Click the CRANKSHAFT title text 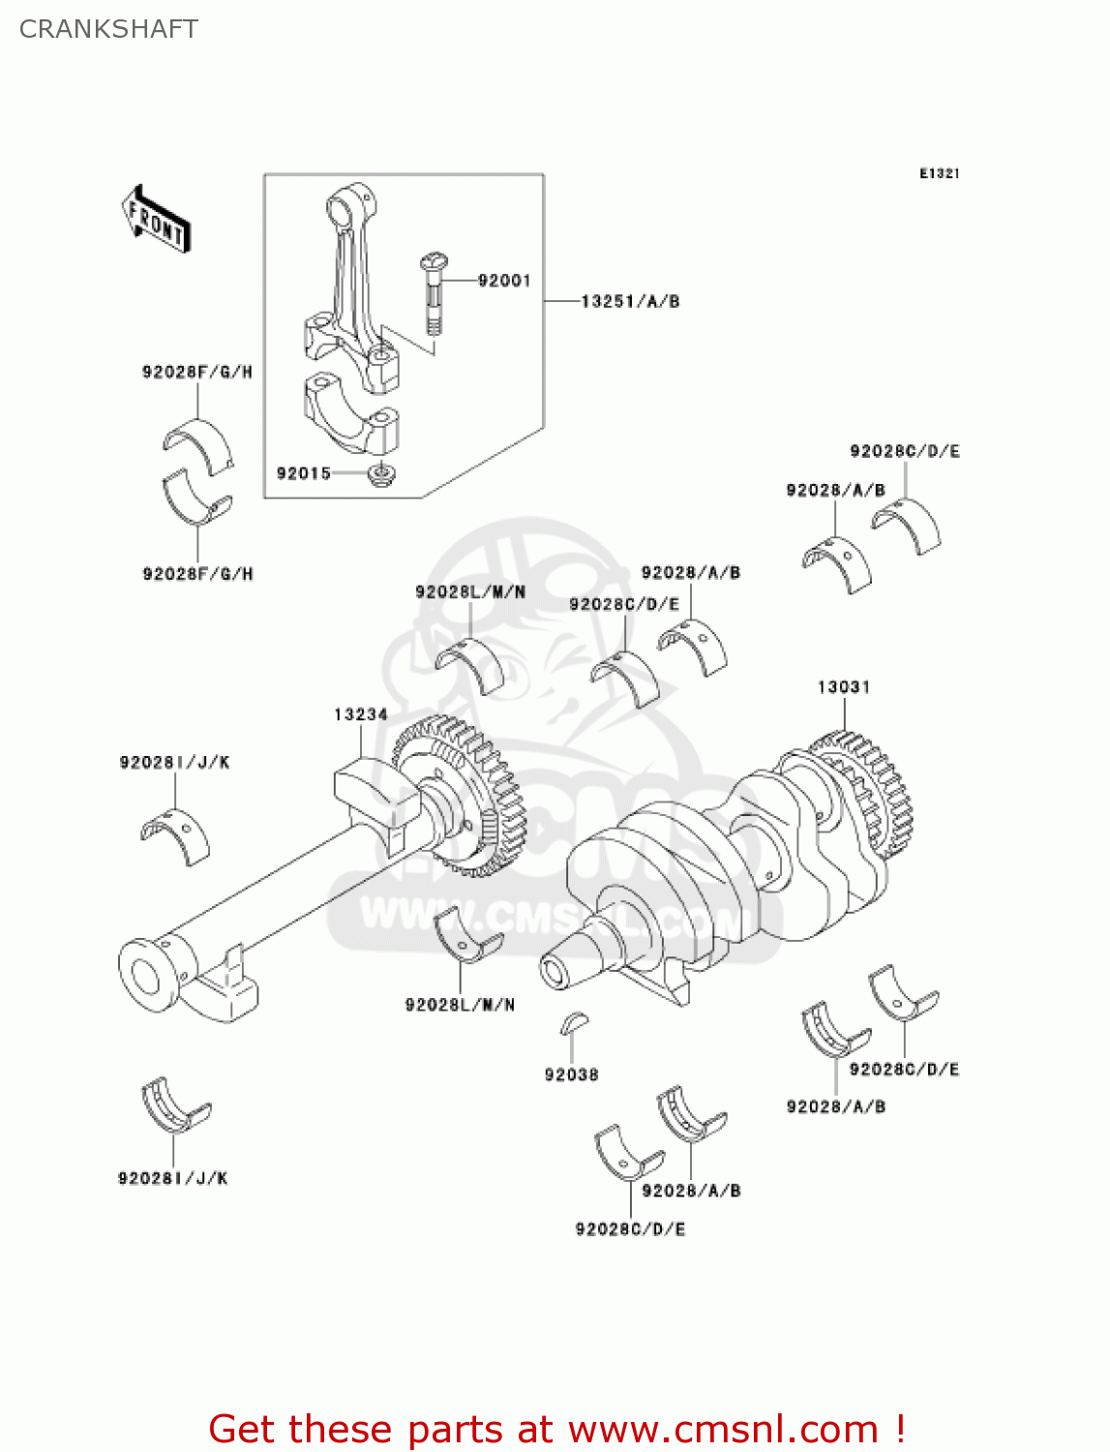tap(108, 29)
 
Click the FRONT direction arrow tap(156, 220)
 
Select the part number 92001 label tap(504, 281)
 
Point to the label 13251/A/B tap(630, 301)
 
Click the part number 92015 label tap(303, 473)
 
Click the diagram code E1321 tap(939, 173)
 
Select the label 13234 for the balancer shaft tap(361, 714)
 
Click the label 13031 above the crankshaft tap(844, 686)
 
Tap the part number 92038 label tap(571, 1074)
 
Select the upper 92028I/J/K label tap(174, 763)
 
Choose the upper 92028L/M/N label tap(470, 591)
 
